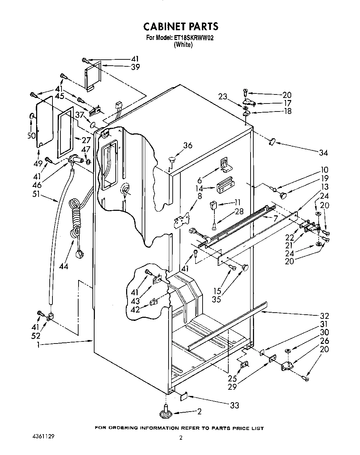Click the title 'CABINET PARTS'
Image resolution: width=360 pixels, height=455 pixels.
point(181,26)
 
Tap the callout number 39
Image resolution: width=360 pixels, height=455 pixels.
point(135,67)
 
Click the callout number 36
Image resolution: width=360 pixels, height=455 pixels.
point(187,146)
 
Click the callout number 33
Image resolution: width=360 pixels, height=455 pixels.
point(235,405)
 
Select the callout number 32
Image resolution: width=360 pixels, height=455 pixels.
point(324,316)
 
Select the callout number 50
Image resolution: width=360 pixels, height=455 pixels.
point(32,135)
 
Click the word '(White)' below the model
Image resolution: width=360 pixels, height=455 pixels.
point(183,44)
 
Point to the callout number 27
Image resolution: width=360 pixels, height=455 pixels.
point(86,140)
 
